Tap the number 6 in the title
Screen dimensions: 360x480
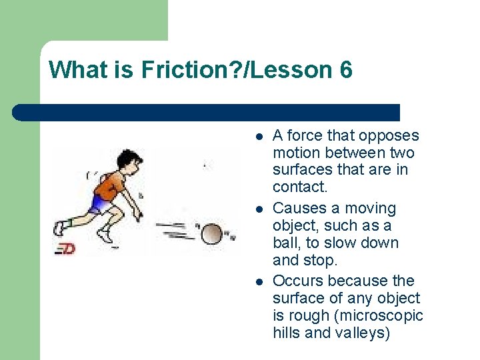(x=345, y=70)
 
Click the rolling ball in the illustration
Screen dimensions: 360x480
(x=212, y=234)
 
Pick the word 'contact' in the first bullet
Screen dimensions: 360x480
(x=298, y=187)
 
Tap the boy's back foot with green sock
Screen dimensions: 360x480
(x=61, y=228)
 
